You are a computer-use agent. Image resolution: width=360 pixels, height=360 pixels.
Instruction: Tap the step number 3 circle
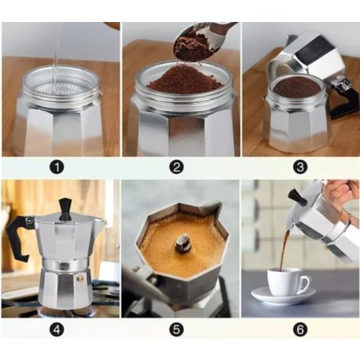point(299,167)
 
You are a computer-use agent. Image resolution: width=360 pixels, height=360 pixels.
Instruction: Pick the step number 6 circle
point(299,329)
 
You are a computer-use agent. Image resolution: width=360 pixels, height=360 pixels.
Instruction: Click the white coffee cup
point(286,281)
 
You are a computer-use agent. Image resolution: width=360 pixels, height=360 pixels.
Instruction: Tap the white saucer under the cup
point(282,296)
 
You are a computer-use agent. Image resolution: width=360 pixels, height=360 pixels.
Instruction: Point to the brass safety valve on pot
point(79,277)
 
